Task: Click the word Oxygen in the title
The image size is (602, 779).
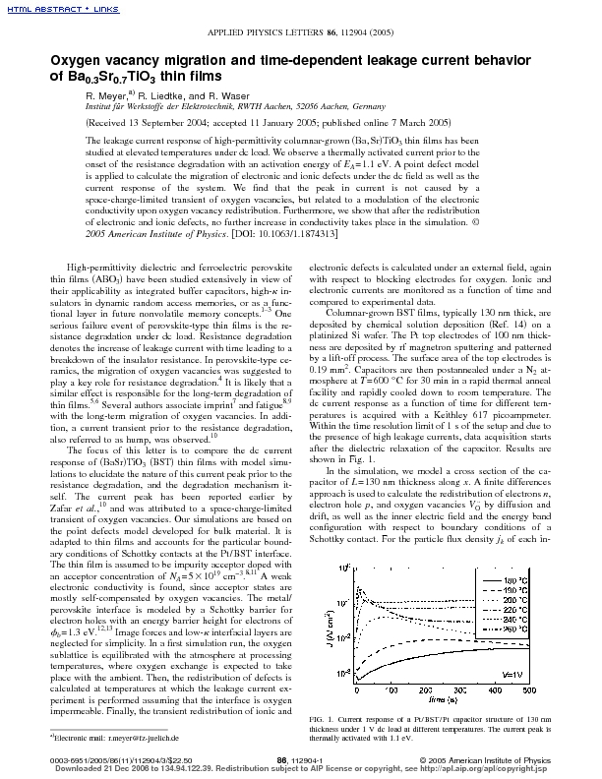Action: [50, 61]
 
